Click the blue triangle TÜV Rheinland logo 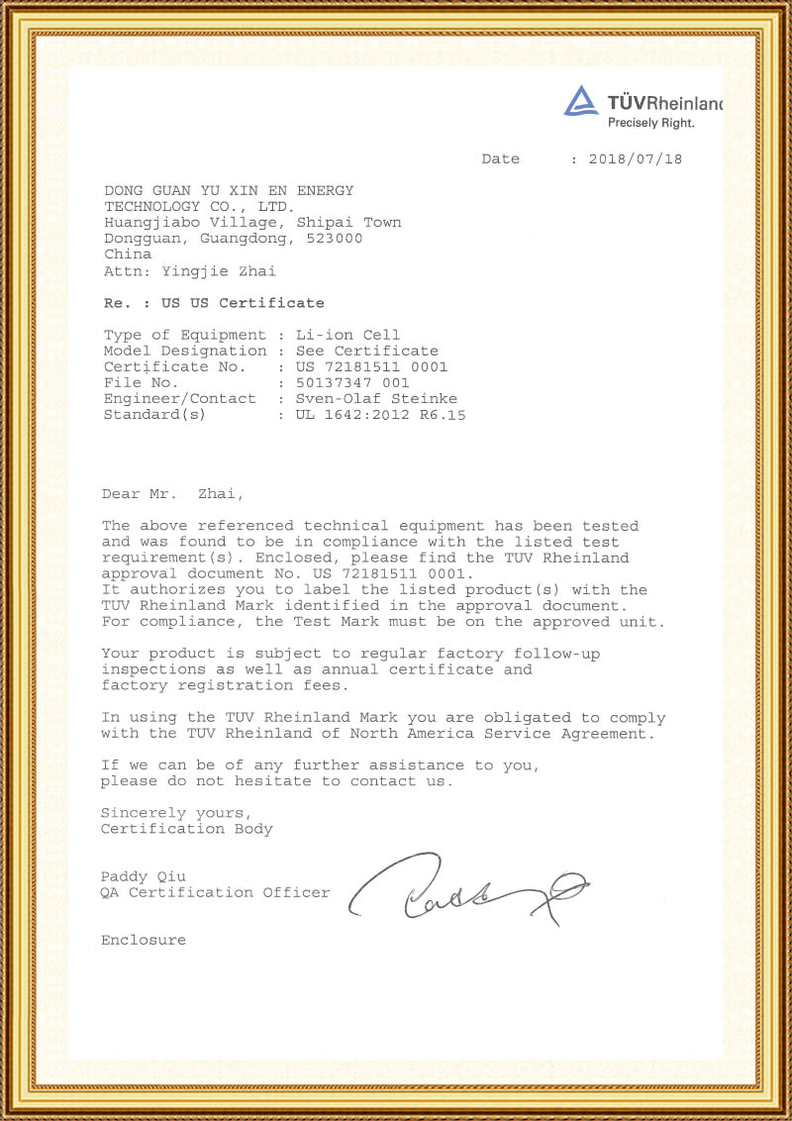[x=581, y=101]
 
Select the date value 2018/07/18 [x=635, y=159]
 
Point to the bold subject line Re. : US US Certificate [x=214, y=303]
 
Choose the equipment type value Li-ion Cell [x=347, y=335]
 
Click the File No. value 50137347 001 [x=352, y=382]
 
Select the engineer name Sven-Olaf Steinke [x=376, y=398]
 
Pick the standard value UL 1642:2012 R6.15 [x=380, y=415]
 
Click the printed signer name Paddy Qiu [x=143, y=876]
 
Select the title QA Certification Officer [x=215, y=892]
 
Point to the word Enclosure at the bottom [x=143, y=940]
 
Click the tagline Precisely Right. [x=650, y=123]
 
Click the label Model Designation [x=185, y=351]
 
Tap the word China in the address [x=128, y=255]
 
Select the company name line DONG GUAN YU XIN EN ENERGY [x=229, y=190]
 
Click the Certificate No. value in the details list [x=371, y=366]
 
